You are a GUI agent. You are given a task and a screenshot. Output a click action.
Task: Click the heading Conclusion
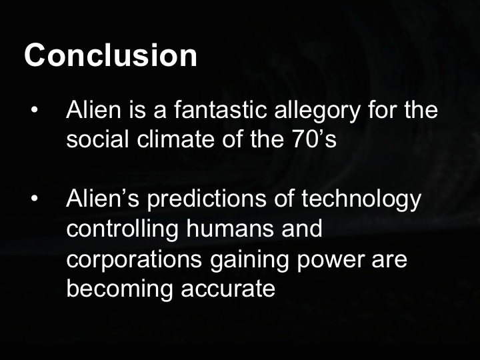click(x=111, y=55)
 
